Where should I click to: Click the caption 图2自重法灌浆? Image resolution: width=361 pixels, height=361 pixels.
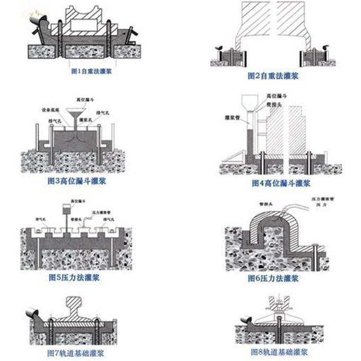(273, 76)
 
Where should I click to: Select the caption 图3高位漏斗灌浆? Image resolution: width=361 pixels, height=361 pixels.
(77, 181)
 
